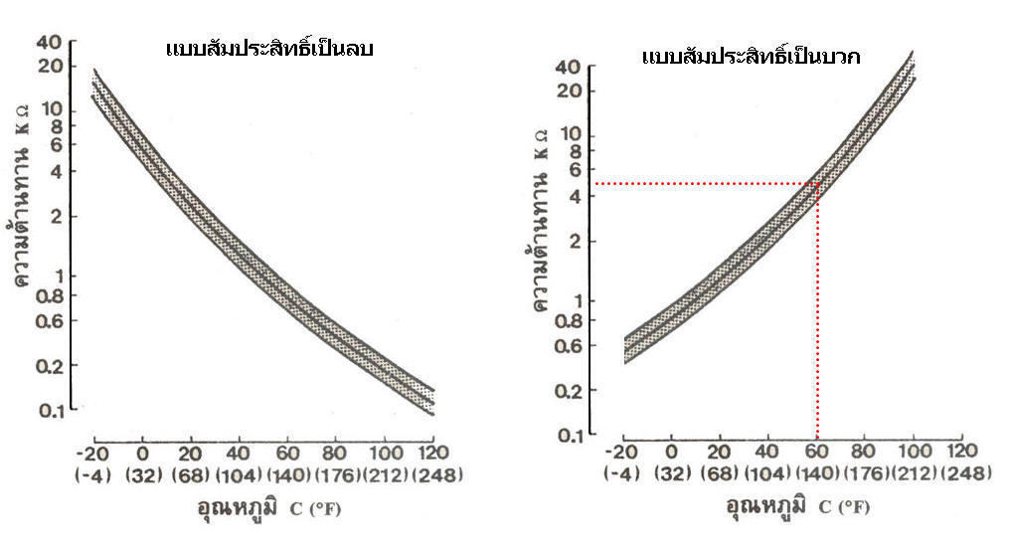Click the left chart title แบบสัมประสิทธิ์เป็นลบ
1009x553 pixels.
[269, 48]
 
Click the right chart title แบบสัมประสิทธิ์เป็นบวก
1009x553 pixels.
[751, 57]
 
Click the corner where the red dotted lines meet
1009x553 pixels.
[817, 184]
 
